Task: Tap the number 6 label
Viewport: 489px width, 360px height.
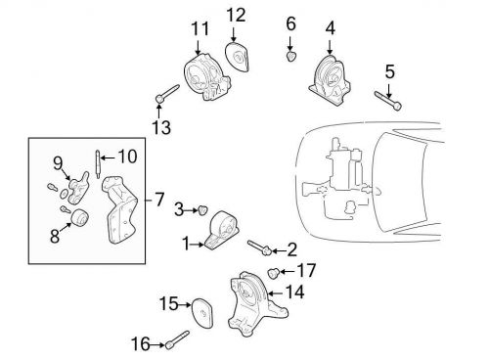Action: pos(290,22)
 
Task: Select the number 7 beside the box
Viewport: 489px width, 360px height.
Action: pos(159,200)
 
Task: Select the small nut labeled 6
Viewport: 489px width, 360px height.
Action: pos(290,56)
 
